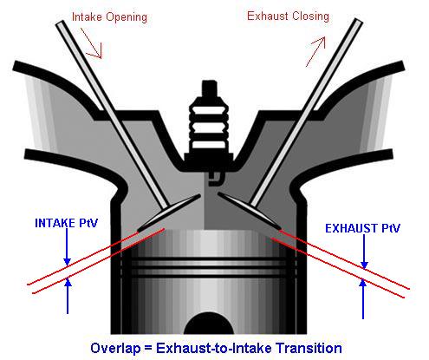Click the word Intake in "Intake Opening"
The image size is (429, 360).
point(87,16)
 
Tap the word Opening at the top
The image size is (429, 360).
point(127,18)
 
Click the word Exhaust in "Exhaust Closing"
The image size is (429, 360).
point(264,16)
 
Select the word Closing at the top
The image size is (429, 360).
point(307,16)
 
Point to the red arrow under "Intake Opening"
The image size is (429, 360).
point(91,43)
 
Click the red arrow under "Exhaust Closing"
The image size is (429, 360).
point(315,52)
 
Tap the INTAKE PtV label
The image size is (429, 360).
point(66,223)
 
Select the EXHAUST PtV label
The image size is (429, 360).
point(362,228)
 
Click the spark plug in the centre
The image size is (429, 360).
point(209,128)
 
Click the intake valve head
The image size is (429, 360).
point(168,213)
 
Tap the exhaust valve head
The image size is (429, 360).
point(250,211)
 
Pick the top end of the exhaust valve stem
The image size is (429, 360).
point(358,22)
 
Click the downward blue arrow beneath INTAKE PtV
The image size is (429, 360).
point(67,246)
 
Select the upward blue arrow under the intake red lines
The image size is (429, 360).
point(68,296)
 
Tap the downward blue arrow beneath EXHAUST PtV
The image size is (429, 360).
point(364,252)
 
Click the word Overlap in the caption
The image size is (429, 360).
point(115,348)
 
